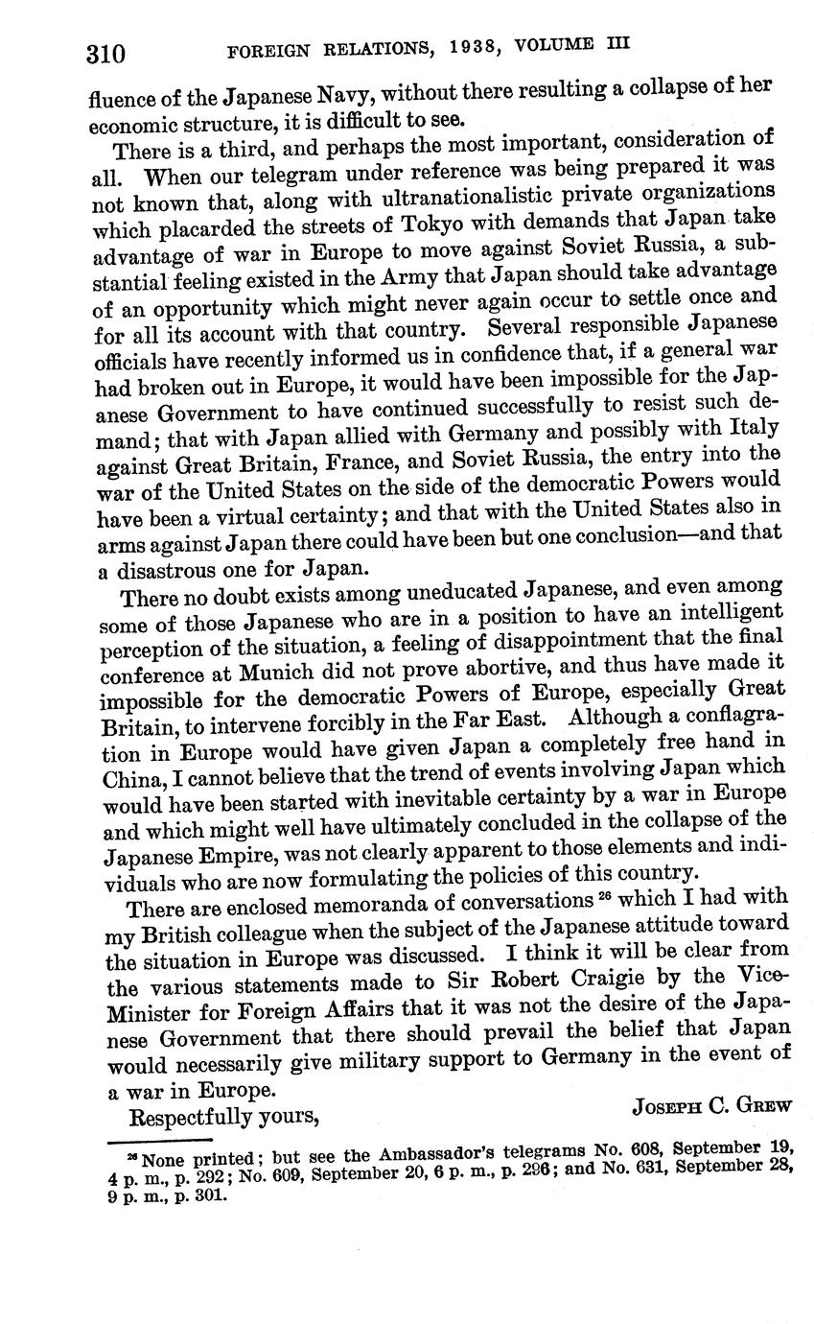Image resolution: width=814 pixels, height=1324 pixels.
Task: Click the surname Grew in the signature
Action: (763, 1104)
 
